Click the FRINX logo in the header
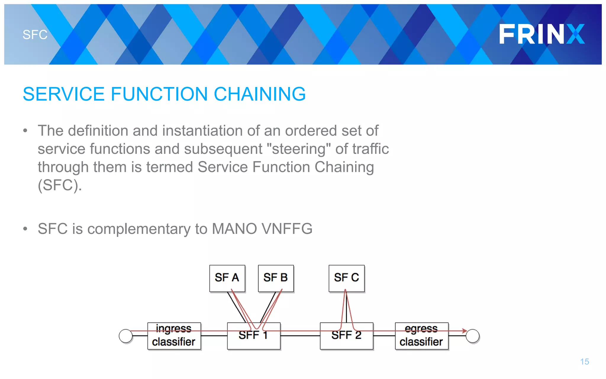541,34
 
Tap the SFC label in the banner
35,35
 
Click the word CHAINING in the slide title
260,94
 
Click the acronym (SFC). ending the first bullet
59,185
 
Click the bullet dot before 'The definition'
25,131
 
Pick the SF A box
227,278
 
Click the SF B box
275,278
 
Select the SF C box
346,278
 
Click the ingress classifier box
174,336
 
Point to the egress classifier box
421,336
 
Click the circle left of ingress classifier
126,336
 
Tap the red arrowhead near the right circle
465,331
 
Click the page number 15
584,362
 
